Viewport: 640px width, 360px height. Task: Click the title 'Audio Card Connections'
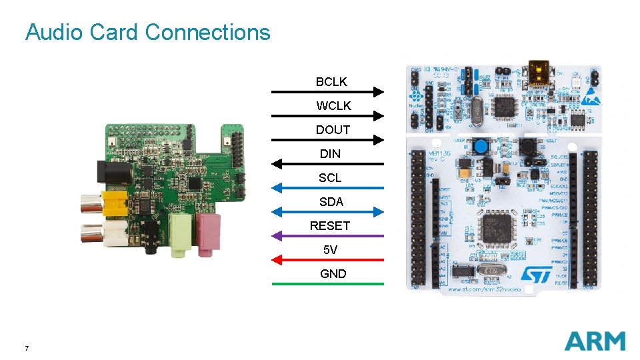pyautogui.click(x=147, y=32)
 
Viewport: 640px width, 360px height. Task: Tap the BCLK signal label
pyautogui.click(x=331, y=81)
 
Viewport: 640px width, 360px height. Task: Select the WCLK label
pyautogui.click(x=333, y=105)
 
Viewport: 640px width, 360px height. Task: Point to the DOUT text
pyautogui.click(x=333, y=129)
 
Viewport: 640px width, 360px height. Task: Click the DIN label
pyautogui.click(x=330, y=153)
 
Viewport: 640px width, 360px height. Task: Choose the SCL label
pyautogui.click(x=330, y=177)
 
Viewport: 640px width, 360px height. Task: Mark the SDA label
pyautogui.click(x=331, y=201)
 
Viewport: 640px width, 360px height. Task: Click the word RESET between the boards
pyautogui.click(x=329, y=225)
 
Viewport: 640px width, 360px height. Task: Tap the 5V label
pyautogui.click(x=330, y=249)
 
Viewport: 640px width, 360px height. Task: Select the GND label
pyautogui.click(x=333, y=273)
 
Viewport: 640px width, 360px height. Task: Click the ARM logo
pyautogui.click(x=595, y=341)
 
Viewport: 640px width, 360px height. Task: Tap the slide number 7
pyautogui.click(x=26, y=348)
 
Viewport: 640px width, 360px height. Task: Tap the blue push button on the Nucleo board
pyautogui.click(x=479, y=145)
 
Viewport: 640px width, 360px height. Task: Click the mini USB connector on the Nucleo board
pyautogui.click(x=537, y=71)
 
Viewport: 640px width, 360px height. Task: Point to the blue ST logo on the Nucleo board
pyautogui.click(x=535, y=275)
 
